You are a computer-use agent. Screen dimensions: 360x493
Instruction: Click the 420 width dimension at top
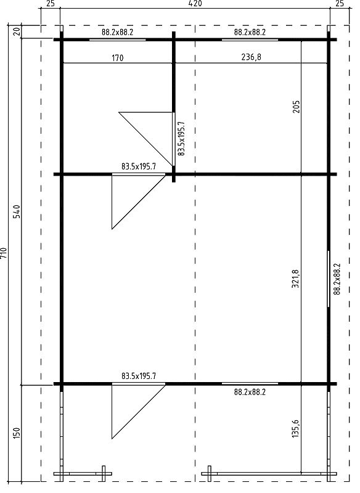coord(195,4)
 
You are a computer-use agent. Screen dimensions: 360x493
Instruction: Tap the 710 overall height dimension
coord(4,253)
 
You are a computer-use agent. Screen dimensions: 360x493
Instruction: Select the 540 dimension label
coord(17,211)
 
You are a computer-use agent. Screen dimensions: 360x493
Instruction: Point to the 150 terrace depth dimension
coord(17,433)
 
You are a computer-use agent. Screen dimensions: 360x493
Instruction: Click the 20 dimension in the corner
coord(17,31)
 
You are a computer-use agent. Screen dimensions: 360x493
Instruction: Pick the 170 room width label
coord(117,58)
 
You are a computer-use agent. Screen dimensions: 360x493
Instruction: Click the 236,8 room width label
coord(251,57)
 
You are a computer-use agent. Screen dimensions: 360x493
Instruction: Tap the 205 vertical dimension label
coord(296,107)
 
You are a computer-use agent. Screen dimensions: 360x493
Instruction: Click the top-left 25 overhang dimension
coord(51,4)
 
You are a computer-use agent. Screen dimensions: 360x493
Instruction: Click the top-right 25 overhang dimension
coord(340,4)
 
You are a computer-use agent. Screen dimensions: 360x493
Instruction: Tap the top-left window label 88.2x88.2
coord(117,32)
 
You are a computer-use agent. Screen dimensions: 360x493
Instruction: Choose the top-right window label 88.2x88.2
coord(250,32)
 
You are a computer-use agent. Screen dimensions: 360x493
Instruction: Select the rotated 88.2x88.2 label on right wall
coord(337,279)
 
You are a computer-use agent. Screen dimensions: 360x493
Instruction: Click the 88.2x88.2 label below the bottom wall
coord(250,392)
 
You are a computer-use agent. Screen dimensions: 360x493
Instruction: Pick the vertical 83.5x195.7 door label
coord(181,139)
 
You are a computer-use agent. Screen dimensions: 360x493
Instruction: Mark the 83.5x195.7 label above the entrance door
coord(139,376)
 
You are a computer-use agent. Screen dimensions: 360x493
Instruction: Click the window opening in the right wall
coord(329,279)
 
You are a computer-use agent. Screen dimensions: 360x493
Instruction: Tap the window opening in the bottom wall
coord(250,383)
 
